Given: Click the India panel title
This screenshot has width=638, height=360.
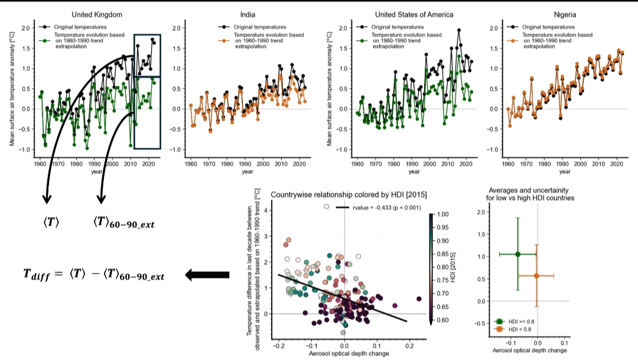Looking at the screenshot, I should (x=248, y=14).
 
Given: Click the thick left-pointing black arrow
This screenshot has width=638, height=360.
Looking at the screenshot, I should (x=207, y=274).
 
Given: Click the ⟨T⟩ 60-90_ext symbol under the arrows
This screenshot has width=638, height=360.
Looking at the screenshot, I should (x=128, y=223).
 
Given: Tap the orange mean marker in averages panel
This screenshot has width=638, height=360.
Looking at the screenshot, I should (x=536, y=275).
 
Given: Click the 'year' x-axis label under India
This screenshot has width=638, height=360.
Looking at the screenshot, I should (x=248, y=172).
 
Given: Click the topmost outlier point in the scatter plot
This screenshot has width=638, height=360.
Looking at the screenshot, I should (x=326, y=206).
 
